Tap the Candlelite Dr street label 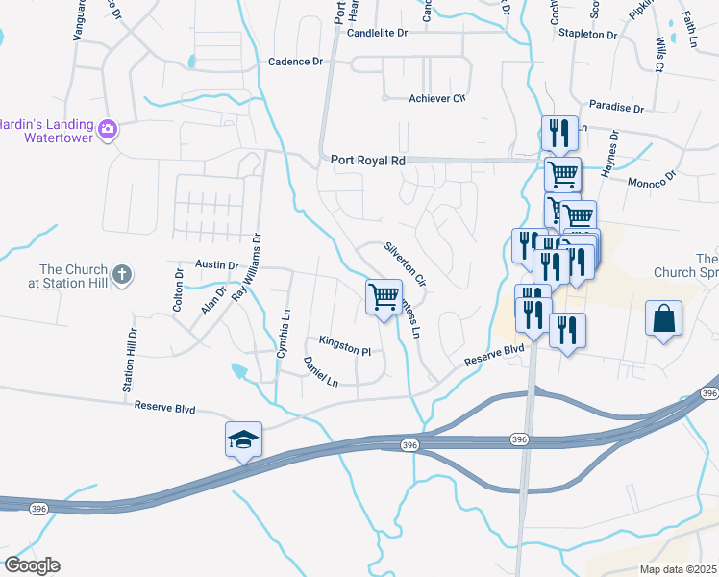(378, 33)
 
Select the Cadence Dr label (295, 62)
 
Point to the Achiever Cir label (437, 99)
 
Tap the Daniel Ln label (321, 372)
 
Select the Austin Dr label (216, 264)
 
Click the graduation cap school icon (243, 439)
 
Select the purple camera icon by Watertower (108, 128)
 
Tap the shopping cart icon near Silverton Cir (384, 296)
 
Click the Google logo (32, 564)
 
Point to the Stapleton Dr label (588, 35)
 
